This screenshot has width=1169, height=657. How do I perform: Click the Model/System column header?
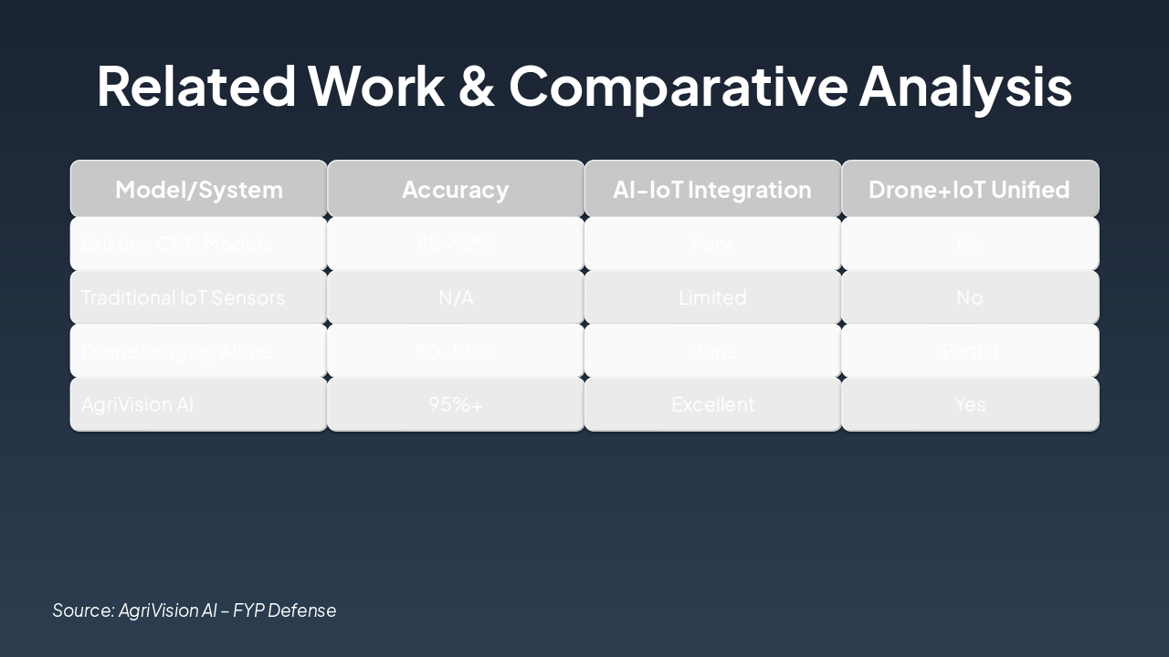click(x=199, y=190)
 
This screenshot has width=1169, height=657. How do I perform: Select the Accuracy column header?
click(x=455, y=190)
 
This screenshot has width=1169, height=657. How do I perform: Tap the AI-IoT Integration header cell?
click(x=712, y=190)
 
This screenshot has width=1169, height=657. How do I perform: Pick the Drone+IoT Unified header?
click(x=969, y=190)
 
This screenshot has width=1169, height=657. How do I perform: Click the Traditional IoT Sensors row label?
click(x=183, y=297)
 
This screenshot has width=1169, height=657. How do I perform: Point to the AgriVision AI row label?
click(x=137, y=404)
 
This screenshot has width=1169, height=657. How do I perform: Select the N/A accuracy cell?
click(x=455, y=297)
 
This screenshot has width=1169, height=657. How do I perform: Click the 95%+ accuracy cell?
click(x=455, y=404)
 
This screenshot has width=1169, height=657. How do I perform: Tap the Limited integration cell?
click(x=712, y=297)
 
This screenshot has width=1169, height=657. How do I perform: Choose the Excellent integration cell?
click(x=712, y=404)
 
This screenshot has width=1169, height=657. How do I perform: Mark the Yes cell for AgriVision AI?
click(x=969, y=404)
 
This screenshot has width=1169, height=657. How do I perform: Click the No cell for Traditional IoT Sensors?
click(x=969, y=297)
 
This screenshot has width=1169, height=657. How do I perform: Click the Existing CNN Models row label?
click(x=175, y=244)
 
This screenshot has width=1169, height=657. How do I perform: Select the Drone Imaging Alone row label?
click(x=175, y=351)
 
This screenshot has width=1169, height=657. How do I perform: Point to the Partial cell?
click(x=969, y=351)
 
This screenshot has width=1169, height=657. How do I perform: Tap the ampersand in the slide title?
click(x=476, y=86)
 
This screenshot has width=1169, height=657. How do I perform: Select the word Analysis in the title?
click(x=965, y=86)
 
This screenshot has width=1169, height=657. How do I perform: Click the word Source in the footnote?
click(x=82, y=610)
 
